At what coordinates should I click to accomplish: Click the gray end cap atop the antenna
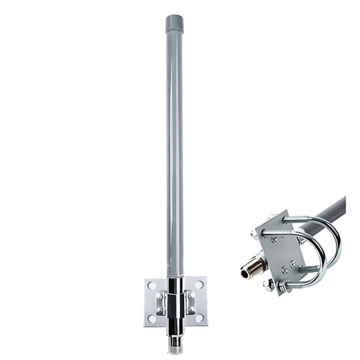(174, 24)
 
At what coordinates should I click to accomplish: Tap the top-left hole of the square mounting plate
(151, 285)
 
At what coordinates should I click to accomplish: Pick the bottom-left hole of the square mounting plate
(151, 317)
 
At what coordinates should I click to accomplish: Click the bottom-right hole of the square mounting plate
(199, 317)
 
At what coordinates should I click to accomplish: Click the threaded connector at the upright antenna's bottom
(175, 344)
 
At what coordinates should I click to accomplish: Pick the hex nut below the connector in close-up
(269, 285)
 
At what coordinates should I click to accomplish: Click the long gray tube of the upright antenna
(174, 156)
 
